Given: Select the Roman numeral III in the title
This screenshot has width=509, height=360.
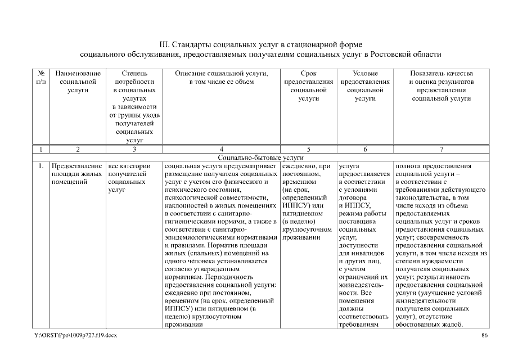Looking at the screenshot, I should point(165,44).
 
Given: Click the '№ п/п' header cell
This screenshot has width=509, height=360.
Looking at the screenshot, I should point(40,78).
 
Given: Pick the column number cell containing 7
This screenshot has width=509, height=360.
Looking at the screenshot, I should point(442,150).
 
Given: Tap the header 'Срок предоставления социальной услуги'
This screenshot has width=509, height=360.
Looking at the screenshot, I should point(308,85).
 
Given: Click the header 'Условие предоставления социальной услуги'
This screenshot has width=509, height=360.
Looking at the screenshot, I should point(365,85).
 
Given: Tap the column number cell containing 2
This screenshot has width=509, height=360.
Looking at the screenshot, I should point(78,150).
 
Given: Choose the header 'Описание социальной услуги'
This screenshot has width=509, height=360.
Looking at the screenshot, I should point(221,78).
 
